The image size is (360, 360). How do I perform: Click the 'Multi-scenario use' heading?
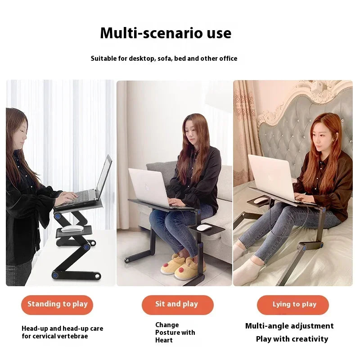pos(166,33)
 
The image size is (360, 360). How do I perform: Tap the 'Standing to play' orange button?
pos(57,305)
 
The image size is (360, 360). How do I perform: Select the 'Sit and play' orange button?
pos(177,305)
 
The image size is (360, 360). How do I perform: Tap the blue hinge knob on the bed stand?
pos(305,247)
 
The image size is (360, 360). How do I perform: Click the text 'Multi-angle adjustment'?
pos(289,326)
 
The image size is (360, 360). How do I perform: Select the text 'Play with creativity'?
pos(292,339)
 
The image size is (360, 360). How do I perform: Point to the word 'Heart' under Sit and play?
pos(164,340)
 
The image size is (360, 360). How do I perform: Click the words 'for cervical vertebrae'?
pos(55,336)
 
